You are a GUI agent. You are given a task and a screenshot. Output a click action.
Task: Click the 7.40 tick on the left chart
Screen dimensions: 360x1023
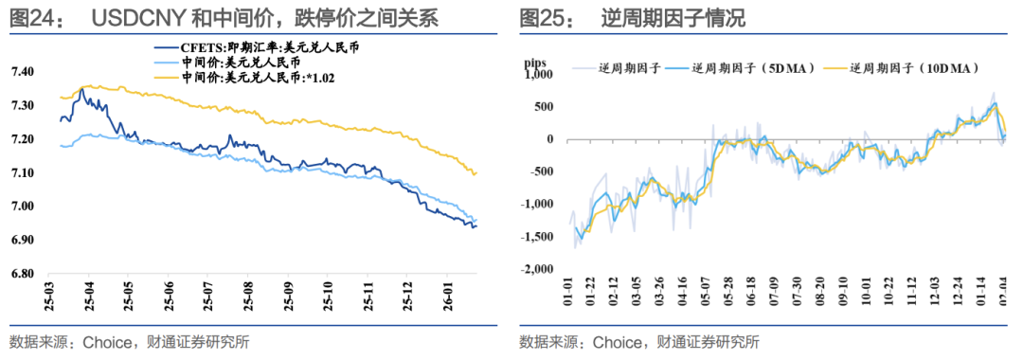(x=22, y=72)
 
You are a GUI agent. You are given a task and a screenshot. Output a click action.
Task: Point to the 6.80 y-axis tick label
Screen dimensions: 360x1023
(x=22, y=274)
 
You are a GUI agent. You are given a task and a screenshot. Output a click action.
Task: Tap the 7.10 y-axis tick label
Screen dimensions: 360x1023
(x=22, y=173)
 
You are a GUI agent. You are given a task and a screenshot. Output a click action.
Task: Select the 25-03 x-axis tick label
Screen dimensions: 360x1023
(x=48, y=294)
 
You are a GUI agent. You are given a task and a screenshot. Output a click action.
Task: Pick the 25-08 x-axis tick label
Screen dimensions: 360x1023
(x=248, y=294)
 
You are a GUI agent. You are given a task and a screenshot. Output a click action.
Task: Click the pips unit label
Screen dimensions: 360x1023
(x=537, y=64)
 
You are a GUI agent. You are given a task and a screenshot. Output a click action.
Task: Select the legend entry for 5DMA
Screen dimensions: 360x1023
(x=743, y=68)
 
